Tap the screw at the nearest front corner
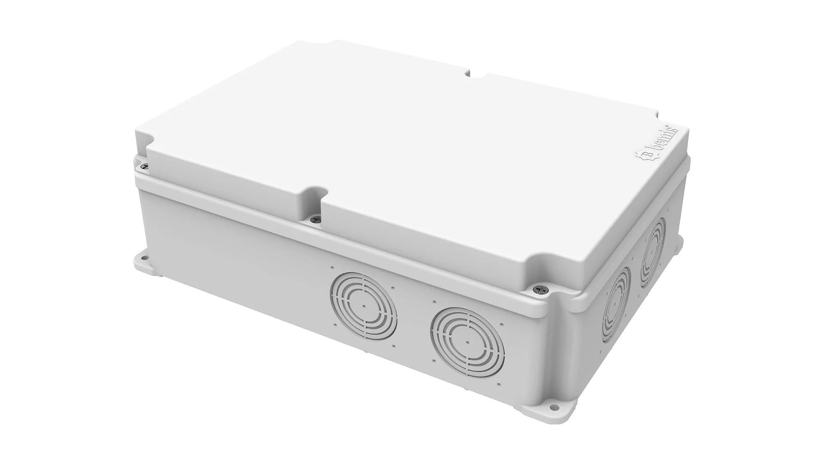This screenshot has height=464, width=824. pyautogui.click(x=539, y=290)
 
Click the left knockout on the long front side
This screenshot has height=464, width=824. pyautogui.click(x=364, y=305)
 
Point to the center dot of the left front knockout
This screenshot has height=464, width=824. pyautogui.click(x=364, y=306)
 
